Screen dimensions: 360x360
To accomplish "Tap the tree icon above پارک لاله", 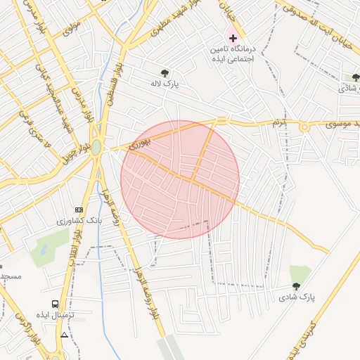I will pyautogui.click(x=165, y=72).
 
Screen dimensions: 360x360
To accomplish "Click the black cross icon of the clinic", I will pyautogui.click(x=233, y=37).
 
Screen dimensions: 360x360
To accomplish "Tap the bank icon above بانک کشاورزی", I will pyautogui.click(x=79, y=210).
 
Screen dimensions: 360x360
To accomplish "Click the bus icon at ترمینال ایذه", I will pyautogui.click(x=55, y=304).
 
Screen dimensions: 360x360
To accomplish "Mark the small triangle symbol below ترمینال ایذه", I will pyautogui.click(x=65, y=335).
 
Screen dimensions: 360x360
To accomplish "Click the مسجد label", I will pyautogui.click(x=11, y=276).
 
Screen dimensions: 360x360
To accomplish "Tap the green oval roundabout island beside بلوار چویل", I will pyautogui.click(x=96, y=147).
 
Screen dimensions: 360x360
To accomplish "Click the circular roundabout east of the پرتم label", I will pyautogui.click(x=304, y=127).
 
